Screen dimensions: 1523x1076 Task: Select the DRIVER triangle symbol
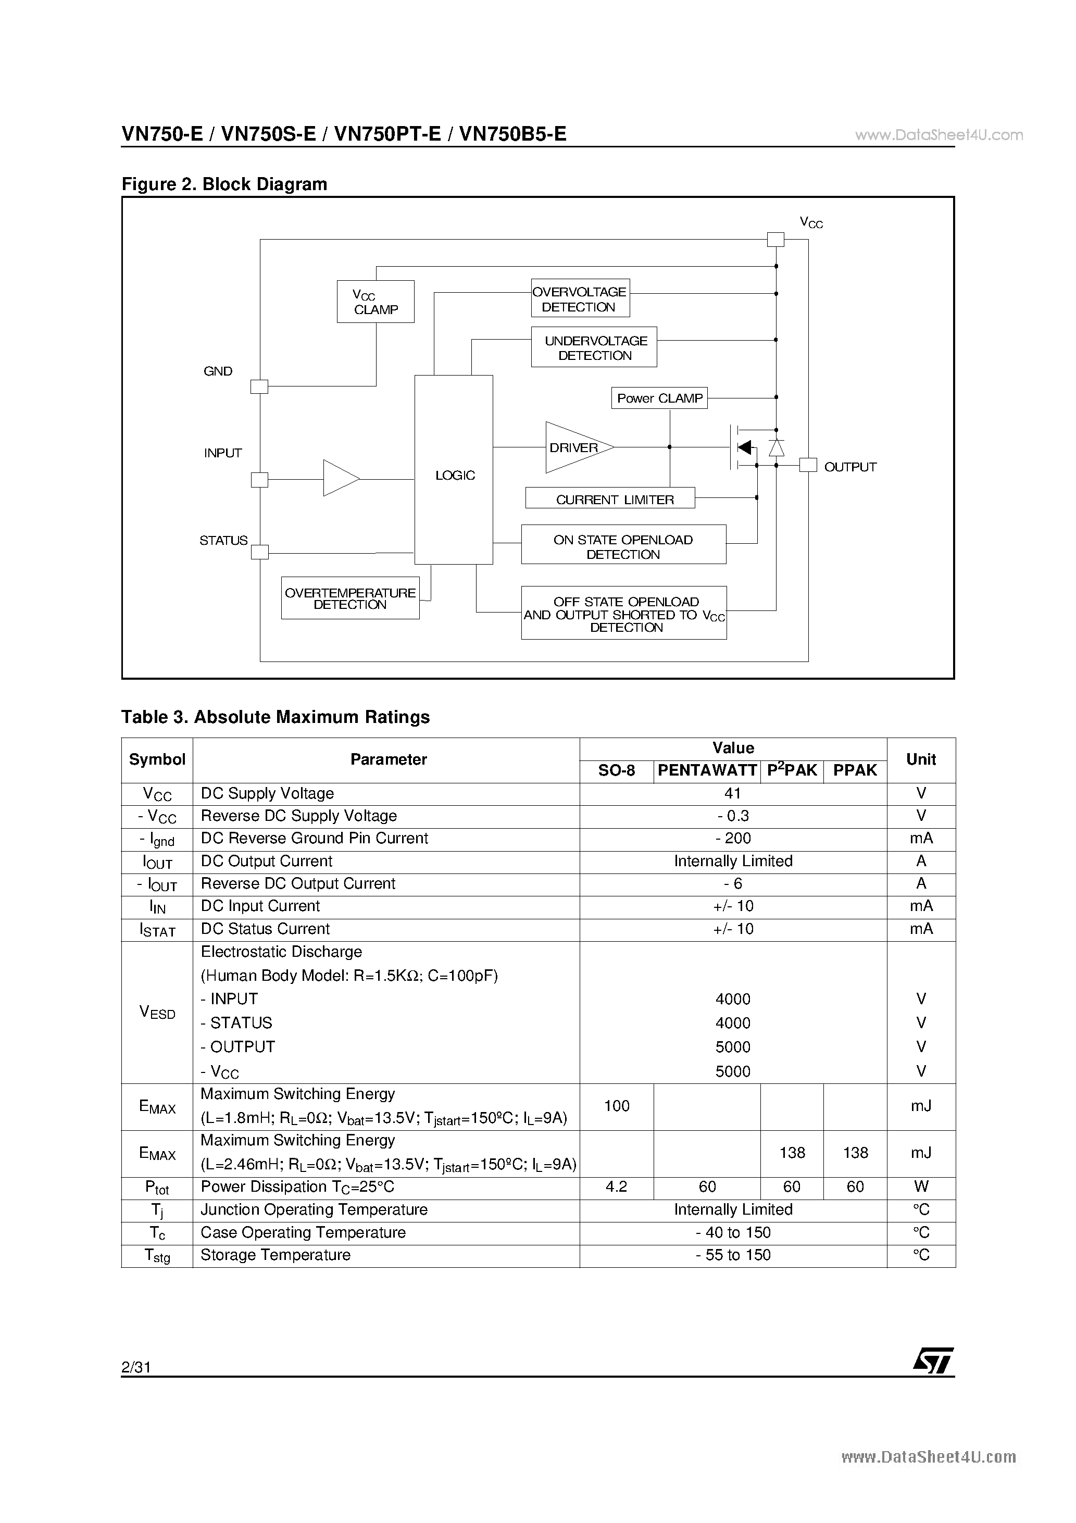point(574,448)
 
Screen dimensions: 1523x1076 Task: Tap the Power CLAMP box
point(659,398)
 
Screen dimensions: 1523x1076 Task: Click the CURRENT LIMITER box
point(610,498)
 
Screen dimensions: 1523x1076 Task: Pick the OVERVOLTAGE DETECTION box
point(580,298)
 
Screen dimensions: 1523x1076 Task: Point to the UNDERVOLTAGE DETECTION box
point(594,347)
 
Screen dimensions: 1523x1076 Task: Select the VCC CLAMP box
point(376,302)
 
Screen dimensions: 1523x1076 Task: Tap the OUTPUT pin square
point(807,465)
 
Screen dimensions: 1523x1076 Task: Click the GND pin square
point(259,386)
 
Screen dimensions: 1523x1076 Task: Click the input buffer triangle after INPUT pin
point(339,478)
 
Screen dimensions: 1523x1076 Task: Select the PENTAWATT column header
point(707,770)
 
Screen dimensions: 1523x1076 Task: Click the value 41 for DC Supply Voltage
point(733,793)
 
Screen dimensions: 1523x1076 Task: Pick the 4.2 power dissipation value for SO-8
point(616,1187)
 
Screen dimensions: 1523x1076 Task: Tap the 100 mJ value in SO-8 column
point(616,1106)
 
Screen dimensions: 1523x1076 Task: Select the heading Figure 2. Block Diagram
point(224,184)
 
